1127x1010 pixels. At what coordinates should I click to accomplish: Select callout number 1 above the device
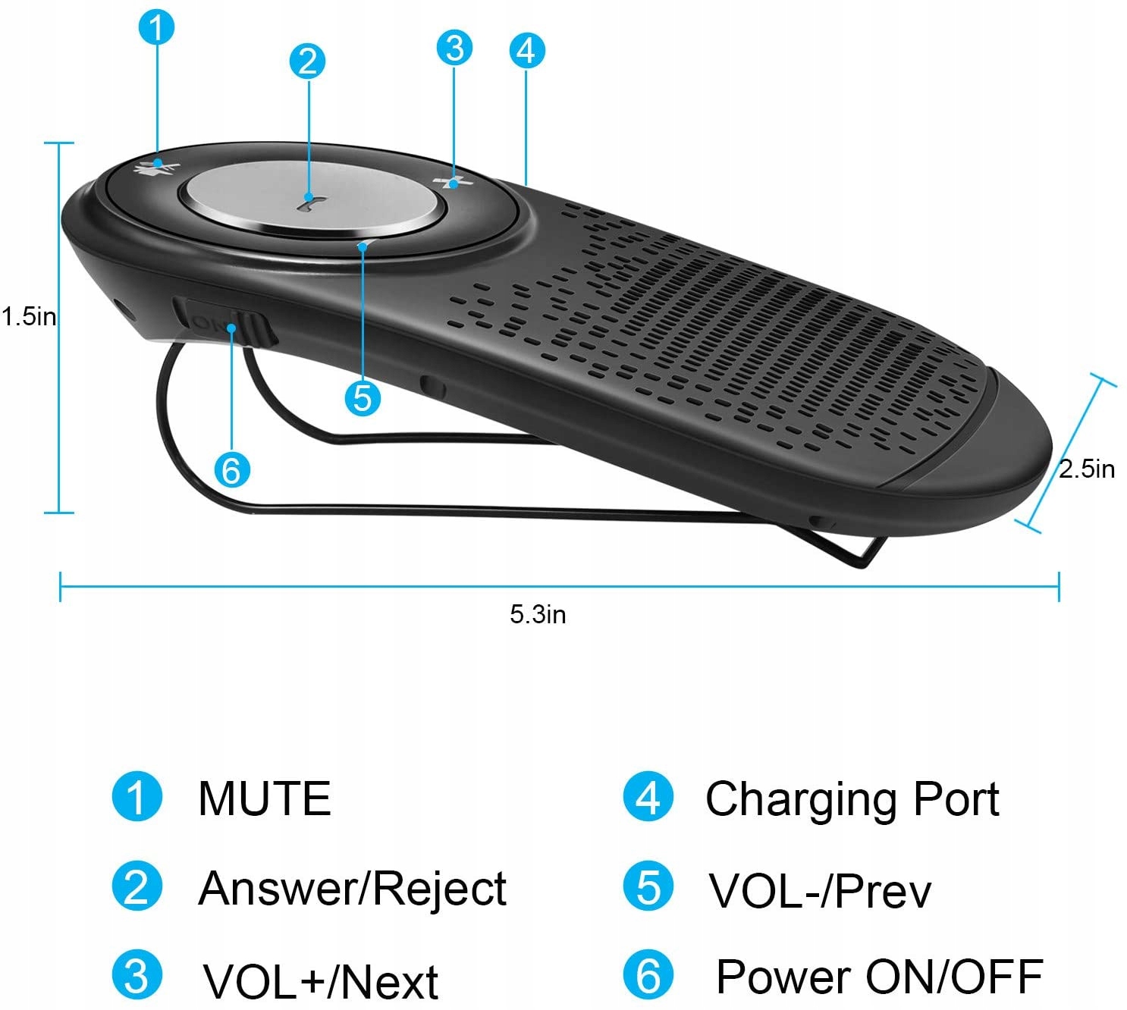(157, 28)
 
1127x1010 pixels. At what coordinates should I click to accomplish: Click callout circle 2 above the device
(307, 61)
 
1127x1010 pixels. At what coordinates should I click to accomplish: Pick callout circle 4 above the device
(526, 50)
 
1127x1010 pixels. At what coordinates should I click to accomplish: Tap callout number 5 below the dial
(363, 397)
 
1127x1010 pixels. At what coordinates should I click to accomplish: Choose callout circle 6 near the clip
(231, 470)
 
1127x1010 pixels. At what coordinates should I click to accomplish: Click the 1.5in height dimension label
(29, 316)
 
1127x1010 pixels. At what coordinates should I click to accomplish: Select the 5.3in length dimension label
(538, 613)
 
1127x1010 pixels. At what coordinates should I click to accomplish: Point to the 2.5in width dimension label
(1087, 469)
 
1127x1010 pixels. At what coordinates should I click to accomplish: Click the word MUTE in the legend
(265, 798)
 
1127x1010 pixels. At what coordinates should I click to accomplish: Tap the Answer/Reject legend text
(352, 888)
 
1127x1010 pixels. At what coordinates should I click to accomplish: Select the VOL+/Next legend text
(320, 981)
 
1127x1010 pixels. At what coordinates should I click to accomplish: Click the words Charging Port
(852, 799)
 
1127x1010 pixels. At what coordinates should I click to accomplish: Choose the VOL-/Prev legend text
(820, 891)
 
